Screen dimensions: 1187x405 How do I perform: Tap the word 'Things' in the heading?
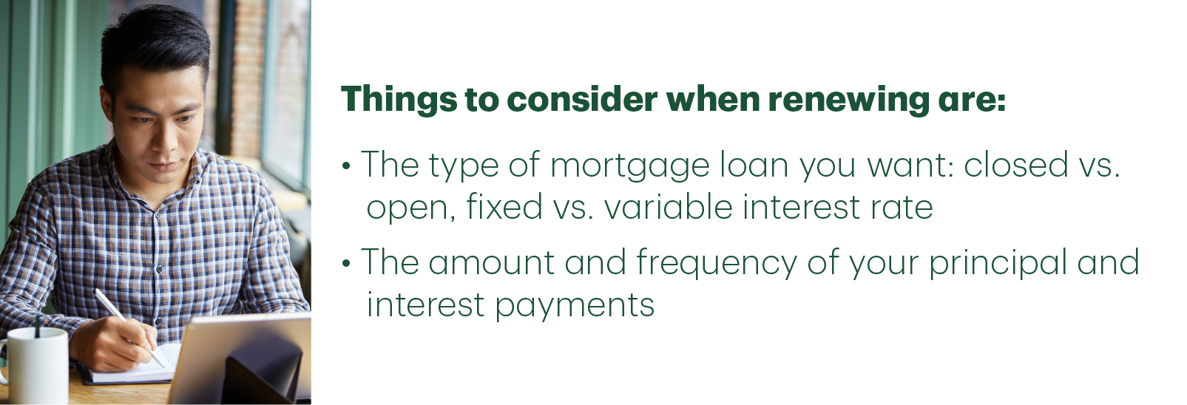pyautogui.click(x=399, y=99)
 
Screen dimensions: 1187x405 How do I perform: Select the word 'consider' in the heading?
pyautogui.click(x=582, y=99)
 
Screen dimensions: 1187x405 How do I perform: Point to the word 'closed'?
pyautogui.click(x=1015, y=164)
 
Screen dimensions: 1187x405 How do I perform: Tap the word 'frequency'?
pyautogui.click(x=717, y=263)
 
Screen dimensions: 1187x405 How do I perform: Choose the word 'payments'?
pyautogui.click(x=575, y=306)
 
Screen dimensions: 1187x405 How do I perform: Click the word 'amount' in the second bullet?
pyautogui.click(x=491, y=262)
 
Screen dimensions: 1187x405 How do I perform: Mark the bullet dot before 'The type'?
pyautogui.click(x=347, y=166)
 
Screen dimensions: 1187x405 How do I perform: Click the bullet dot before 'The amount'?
pyautogui.click(x=347, y=263)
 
